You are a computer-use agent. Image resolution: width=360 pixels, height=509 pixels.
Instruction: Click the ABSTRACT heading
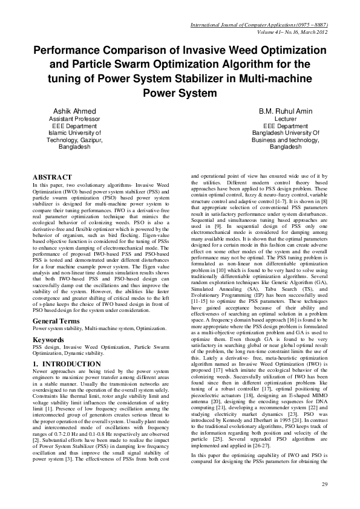pos(53,177)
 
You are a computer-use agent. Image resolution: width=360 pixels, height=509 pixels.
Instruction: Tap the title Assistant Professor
pos(76,120)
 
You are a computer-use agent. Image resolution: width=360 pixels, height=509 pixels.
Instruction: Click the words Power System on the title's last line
pos(179,93)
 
